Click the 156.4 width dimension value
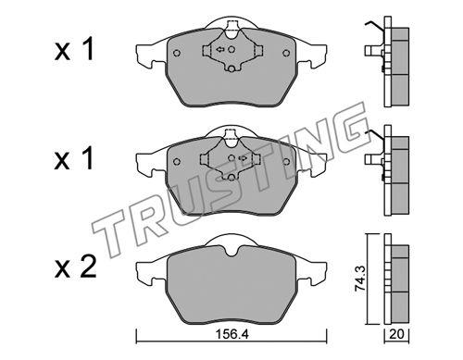(x=231, y=334)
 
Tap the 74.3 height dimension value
(x=360, y=279)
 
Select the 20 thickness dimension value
(x=397, y=334)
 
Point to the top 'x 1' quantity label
(x=74, y=50)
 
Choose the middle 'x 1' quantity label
(x=74, y=158)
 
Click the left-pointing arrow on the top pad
(x=219, y=49)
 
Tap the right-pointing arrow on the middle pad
(x=244, y=158)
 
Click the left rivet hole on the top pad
(x=177, y=53)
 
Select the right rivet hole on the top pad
(x=286, y=53)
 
